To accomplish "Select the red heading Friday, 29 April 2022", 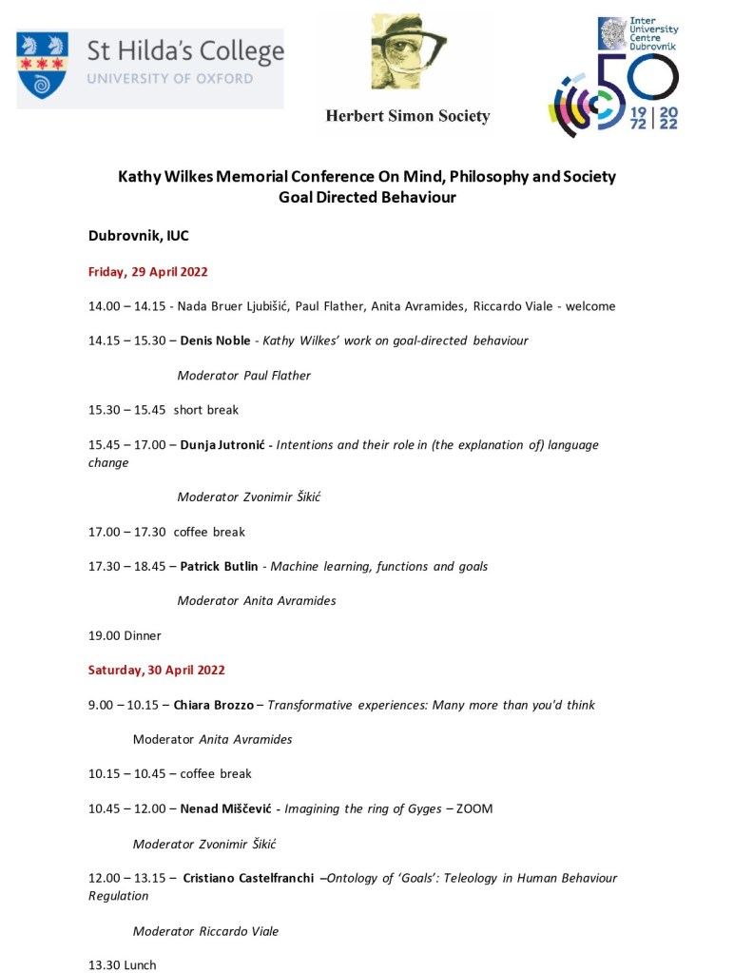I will [x=148, y=272].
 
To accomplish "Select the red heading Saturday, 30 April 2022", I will [x=157, y=670].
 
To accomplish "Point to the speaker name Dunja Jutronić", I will [x=223, y=445].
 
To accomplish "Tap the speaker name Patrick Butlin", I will [x=221, y=566].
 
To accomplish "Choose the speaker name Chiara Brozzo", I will [x=213, y=705].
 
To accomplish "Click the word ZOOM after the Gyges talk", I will [x=474, y=808].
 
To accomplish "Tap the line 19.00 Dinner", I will [x=125, y=635].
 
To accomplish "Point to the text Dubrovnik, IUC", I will [x=139, y=236].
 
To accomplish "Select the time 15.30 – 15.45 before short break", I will [x=127, y=410].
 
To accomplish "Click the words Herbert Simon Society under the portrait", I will [x=407, y=116].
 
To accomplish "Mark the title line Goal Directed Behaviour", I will [x=367, y=198].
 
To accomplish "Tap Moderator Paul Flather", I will [x=244, y=375].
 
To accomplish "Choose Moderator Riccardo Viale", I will [x=205, y=931].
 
